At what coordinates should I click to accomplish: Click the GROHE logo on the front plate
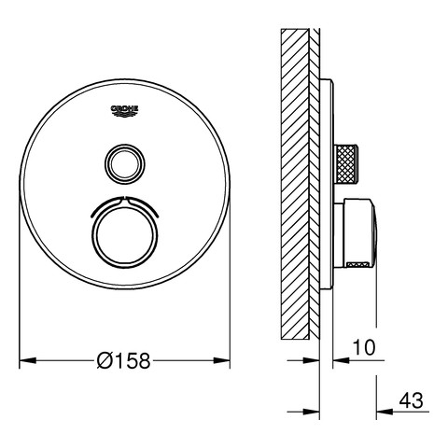(124, 111)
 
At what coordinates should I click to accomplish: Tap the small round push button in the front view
(124, 163)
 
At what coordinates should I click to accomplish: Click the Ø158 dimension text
(123, 361)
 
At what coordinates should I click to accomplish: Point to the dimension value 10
(364, 347)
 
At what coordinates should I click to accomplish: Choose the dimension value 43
(411, 400)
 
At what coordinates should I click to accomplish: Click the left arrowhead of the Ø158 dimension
(28, 361)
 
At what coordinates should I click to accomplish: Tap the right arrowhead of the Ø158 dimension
(221, 361)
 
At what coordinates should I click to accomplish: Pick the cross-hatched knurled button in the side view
(346, 164)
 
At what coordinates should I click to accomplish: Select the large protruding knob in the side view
(357, 232)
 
